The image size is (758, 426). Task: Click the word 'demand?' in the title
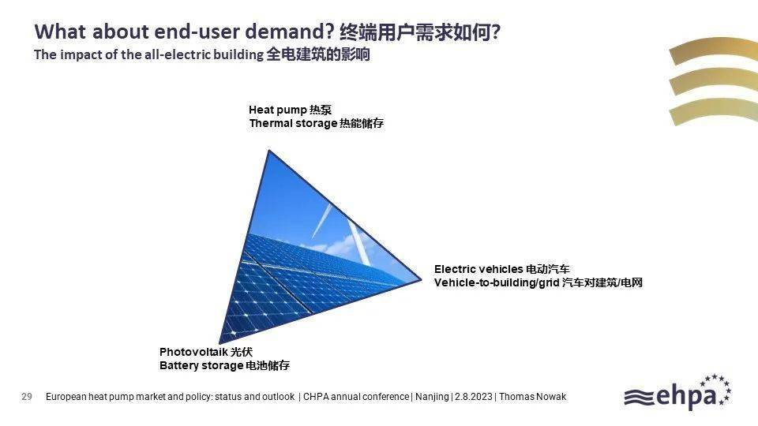point(290,32)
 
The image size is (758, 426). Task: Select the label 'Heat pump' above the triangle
point(277,110)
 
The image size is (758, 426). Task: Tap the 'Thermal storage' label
point(293,123)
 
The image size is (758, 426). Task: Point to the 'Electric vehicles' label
point(478,269)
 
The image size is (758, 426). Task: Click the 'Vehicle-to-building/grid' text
point(497,282)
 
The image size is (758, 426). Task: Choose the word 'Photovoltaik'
point(193,352)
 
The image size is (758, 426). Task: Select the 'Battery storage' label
point(201,365)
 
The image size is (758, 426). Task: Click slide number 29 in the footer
point(27,397)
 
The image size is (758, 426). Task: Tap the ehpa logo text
point(686,396)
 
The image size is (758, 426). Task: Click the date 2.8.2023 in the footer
point(473,397)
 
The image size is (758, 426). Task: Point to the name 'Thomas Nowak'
point(532,397)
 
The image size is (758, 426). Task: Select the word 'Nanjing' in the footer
point(432,397)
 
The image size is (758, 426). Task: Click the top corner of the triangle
point(268,150)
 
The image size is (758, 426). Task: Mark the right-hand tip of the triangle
point(422,279)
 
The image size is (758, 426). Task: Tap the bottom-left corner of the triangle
point(220,343)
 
